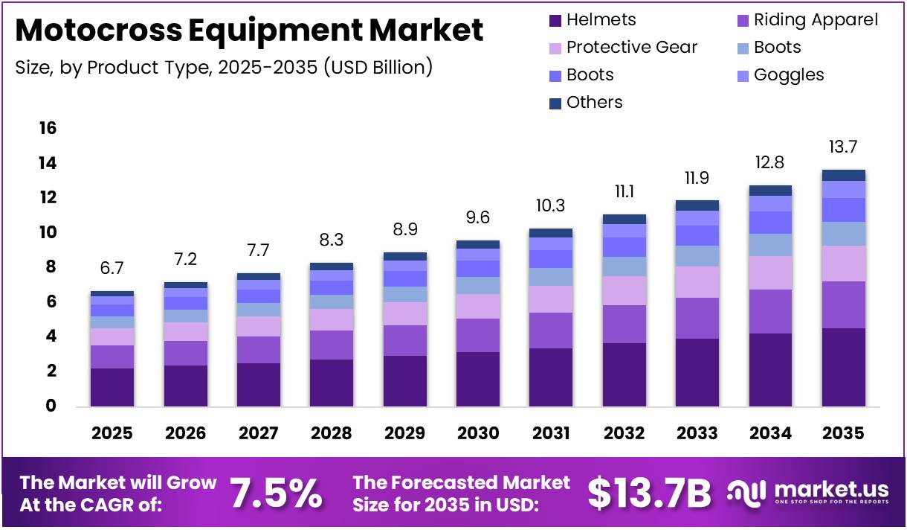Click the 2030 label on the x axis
pos(477,433)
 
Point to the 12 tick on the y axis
pos(48,198)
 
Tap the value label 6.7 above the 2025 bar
pos(112,267)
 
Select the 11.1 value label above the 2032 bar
pos(624,191)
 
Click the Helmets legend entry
pos(601,20)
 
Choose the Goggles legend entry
pos(788,75)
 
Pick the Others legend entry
pos(594,103)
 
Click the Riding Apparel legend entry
pos(815,20)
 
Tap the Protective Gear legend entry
pos(631,48)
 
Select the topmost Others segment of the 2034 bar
pos(770,191)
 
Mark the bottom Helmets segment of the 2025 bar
pos(112,387)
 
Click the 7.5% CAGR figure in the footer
pos(276,492)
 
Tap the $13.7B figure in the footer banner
pos(649,492)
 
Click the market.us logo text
pos(831,489)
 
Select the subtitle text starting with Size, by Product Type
pos(224,67)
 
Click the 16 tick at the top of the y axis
pos(48,129)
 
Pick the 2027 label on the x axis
pos(258,433)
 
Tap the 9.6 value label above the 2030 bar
pos(477,218)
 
